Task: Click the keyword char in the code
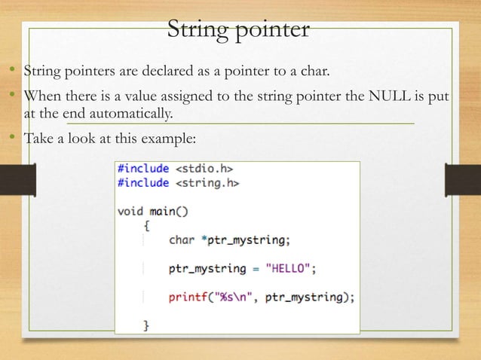point(182,240)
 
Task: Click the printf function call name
point(188,296)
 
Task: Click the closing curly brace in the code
point(146,325)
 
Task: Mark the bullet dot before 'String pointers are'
point(14,72)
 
